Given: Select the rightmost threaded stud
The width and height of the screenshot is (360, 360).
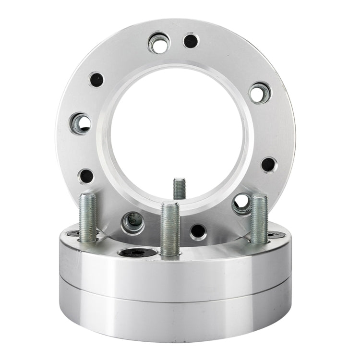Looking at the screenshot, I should click(x=259, y=218).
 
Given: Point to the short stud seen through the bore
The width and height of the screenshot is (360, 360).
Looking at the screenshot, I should click(x=179, y=188).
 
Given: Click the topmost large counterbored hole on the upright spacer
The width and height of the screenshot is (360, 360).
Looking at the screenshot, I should click(x=158, y=43).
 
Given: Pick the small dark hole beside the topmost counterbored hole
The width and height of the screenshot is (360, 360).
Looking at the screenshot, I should click(x=191, y=41).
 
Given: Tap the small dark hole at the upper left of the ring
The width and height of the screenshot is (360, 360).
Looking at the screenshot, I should click(x=96, y=79).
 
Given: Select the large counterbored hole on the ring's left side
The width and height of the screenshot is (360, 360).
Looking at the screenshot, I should click(x=80, y=123).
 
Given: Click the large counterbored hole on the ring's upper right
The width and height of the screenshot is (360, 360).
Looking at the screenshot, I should click(x=260, y=93).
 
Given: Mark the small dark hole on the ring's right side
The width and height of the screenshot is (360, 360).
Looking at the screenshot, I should click(x=268, y=164).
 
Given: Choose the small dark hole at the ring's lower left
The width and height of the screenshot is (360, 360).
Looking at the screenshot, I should click(x=86, y=176).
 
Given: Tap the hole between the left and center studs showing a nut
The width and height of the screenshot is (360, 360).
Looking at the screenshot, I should click(x=132, y=222).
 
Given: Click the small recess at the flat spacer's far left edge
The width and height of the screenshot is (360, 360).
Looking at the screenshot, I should click(x=73, y=234).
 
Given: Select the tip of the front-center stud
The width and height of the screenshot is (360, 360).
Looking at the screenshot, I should click(x=170, y=205).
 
